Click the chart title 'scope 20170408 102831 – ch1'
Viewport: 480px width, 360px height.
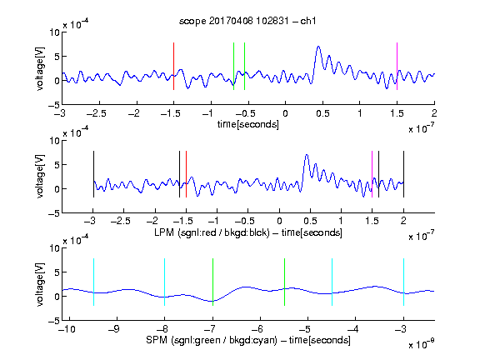[247, 21]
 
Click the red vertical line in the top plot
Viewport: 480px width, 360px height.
[173, 66]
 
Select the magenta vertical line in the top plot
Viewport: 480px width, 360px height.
[397, 66]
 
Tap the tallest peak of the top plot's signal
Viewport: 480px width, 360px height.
[318, 47]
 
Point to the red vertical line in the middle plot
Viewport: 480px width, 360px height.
[186, 174]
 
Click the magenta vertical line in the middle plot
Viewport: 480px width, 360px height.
[372, 174]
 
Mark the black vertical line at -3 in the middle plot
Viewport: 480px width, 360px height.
[93, 174]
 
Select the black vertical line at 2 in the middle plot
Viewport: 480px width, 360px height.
[403, 174]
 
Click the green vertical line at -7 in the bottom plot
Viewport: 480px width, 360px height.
[212, 282]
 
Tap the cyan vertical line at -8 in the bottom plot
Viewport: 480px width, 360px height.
[164, 282]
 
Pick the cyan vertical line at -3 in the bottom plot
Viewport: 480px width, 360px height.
[403, 282]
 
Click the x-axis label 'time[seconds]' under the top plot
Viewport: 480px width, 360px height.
[248, 124]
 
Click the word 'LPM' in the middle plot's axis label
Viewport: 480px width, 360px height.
[164, 232]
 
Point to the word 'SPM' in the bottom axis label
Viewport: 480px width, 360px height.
[157, 340]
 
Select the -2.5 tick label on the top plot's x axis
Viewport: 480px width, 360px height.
[97, 113]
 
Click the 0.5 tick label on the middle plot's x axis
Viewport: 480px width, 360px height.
[310, 221]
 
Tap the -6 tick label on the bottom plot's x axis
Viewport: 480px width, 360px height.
[260, 329]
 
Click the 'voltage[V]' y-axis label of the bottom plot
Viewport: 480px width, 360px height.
[40, 284]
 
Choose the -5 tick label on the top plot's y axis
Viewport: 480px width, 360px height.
[54, 106]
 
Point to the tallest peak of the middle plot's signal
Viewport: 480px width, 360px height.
[307, 155]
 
